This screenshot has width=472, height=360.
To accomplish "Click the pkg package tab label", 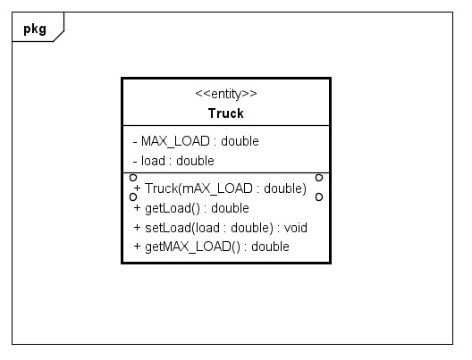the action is pyautogui.click(x=35, y=29).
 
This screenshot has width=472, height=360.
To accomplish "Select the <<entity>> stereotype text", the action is pyautogui.click(x=226, y=94).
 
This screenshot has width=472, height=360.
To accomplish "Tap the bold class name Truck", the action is pyautogui.click(x=226, y=113).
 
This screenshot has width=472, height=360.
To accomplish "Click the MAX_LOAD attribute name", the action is pyautogui.click(x=175, y=141).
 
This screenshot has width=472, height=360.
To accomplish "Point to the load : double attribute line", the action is pyautogui.click(x=173, y=161).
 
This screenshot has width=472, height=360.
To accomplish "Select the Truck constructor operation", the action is pyautogui.click(x=220, y=188).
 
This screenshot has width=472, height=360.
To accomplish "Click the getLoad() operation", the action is pyautogui.click(x=191, y=208).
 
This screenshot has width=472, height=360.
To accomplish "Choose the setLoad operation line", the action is pyautogui.click(x=220, y=228).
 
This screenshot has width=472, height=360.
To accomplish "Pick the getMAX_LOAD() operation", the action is pyautogui.click(x=211, y=247).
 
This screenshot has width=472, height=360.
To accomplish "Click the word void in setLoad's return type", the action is pyautogui.click(x=296, y=228).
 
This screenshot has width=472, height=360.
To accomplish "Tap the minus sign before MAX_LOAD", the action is pyautogui.click(x=135, y=142).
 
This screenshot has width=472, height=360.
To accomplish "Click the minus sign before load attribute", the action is pyautogui.click(x=135, y=161).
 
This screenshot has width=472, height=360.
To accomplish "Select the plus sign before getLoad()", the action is pyautogui.click(x=138, y=208).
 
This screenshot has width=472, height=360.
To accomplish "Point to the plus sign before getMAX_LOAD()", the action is pyautogui.click(x=138, y=247).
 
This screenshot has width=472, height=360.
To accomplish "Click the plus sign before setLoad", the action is pyautogui.click(x=138, y=228).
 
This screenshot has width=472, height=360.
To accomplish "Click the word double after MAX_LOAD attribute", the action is pyautogui.click(x=240, y=141).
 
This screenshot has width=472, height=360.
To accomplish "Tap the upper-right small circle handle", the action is pyautogui.click(x=319, y=178).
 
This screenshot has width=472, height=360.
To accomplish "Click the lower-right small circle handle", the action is pyautogui.click(x=319, y=197).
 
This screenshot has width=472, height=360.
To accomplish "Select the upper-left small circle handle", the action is pyautogui.click(x=133, y=178).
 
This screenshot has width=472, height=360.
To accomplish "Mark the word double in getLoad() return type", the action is pyautogui.click(x=231, y=208).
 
